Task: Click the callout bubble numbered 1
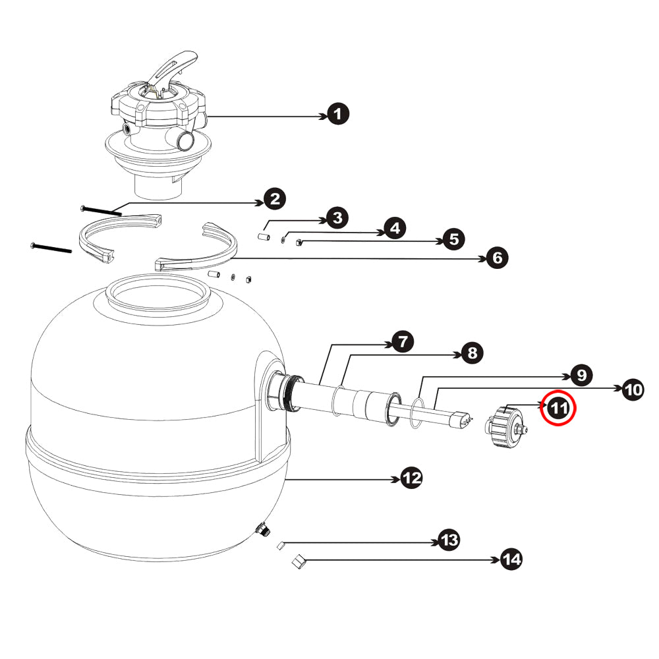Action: coord(337,114)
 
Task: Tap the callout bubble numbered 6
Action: coord(497,258)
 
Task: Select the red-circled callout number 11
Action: coord(558,408)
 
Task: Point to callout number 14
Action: coord(511,559)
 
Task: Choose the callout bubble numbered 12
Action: coord(411,478)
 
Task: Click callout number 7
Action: coord(403,341)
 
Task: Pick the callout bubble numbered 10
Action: coord(633,389)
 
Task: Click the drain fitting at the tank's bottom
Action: coord(263,529)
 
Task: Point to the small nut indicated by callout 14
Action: coord(298,561)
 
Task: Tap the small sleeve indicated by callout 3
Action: coord(264,237)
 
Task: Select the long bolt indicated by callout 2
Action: coord(101,210)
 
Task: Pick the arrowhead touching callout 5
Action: coord(440,241)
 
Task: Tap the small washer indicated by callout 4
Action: coord(283,240)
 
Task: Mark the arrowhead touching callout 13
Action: coord(434,542)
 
